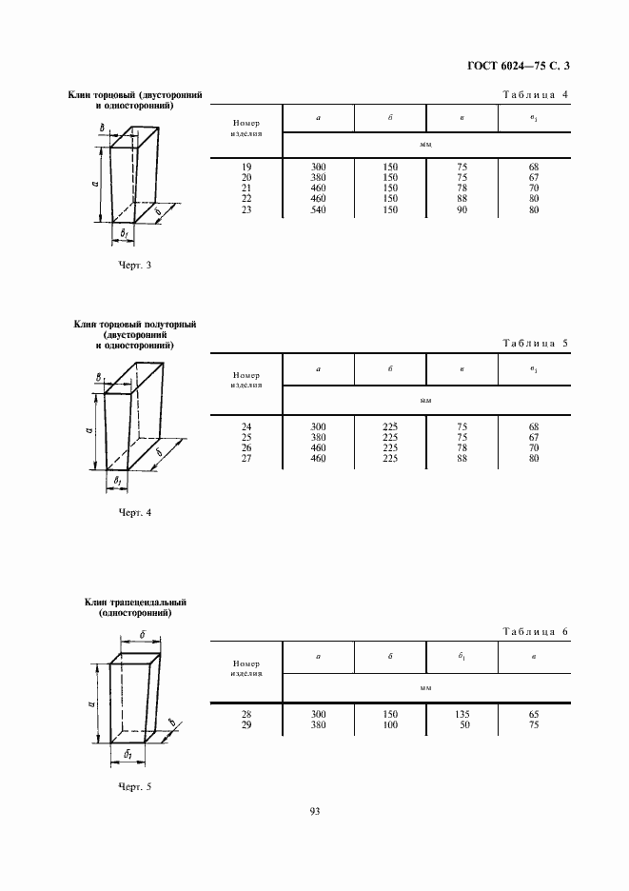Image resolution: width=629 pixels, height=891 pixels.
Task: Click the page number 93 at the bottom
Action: pos(315,811)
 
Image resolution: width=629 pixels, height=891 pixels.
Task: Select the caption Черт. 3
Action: pos(135,266)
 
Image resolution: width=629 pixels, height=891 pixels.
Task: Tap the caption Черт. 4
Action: pos(135,513)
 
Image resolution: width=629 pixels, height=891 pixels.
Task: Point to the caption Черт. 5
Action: pos(135,786)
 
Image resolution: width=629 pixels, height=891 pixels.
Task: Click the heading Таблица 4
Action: pos(534,95)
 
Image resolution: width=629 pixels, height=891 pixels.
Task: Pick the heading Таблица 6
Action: pos(534,631)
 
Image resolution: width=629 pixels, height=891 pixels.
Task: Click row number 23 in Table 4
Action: pos(246,208)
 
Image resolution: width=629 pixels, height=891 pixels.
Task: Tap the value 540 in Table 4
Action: pos(319,208)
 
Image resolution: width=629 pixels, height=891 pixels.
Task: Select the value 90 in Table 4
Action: pos(462,208)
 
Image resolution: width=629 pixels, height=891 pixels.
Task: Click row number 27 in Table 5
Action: pos(246,459)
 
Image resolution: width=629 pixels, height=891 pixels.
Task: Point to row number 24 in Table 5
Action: pos(246,427)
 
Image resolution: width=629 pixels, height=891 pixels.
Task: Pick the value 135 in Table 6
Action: pos(462,714)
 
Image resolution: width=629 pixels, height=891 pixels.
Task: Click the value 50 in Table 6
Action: pos(462,724)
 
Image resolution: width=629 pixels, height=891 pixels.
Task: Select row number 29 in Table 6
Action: pos(246,724)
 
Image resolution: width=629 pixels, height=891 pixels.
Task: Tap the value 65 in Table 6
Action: pos(533,714)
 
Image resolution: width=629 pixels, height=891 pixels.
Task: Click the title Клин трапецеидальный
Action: pos(135,603)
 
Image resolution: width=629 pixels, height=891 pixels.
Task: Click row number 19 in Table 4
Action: pos(246,167)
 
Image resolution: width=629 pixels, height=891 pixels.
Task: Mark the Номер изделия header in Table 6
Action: pos(246,667)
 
